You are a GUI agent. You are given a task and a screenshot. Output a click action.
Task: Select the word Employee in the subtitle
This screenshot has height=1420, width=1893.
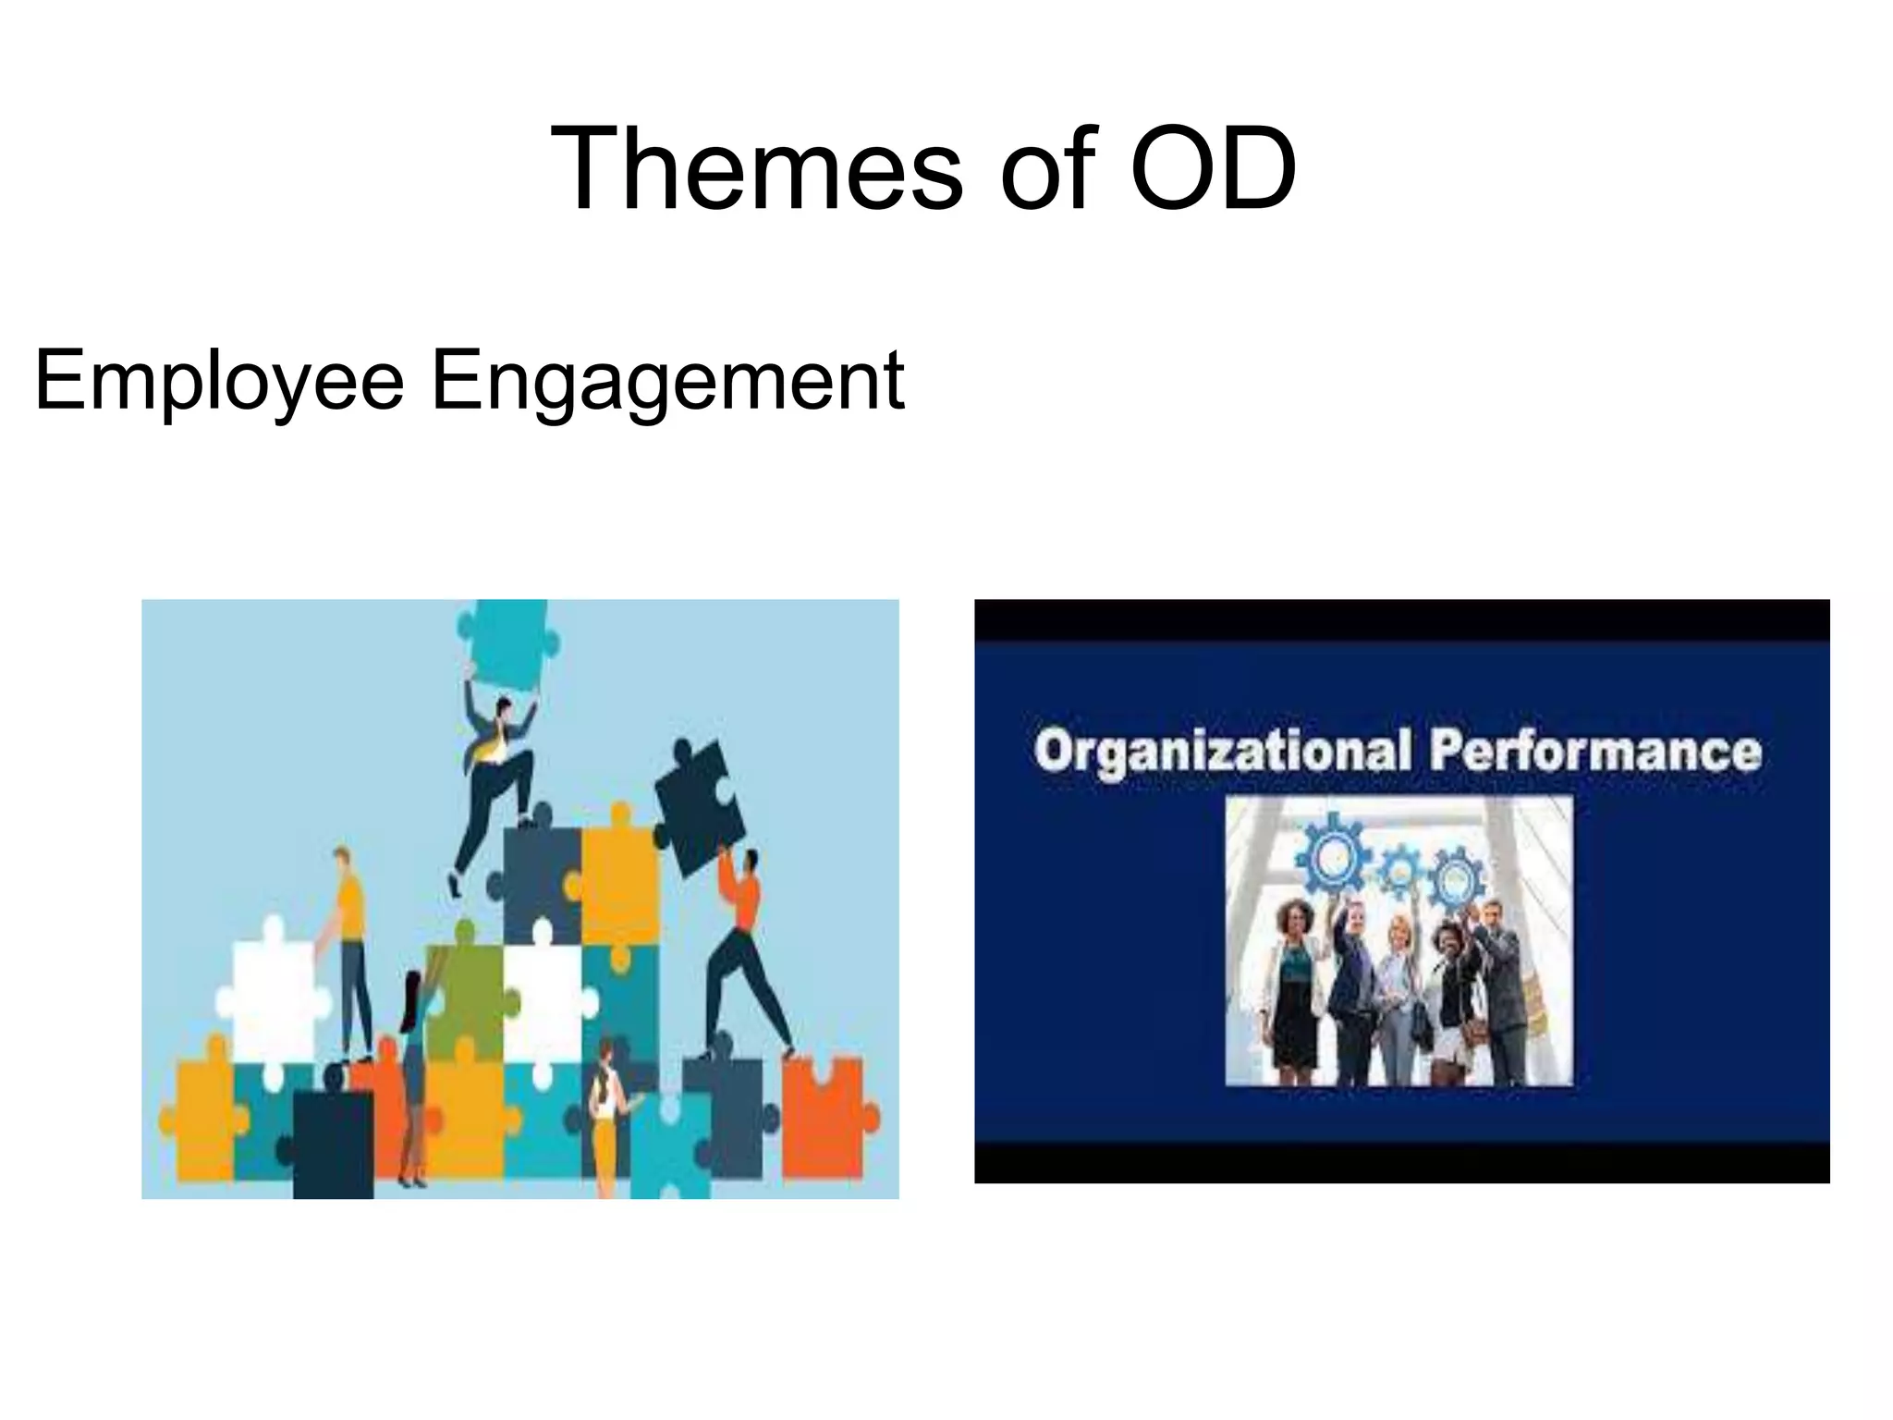(x=219, y=380)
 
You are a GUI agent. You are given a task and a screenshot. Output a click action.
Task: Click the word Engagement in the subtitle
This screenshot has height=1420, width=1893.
(x=667, y=380)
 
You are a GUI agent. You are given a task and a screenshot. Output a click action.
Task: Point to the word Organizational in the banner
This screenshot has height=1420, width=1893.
(x=1222, y=751)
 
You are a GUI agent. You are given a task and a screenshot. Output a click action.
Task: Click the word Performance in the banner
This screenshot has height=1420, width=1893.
(x=1594, y=751)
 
